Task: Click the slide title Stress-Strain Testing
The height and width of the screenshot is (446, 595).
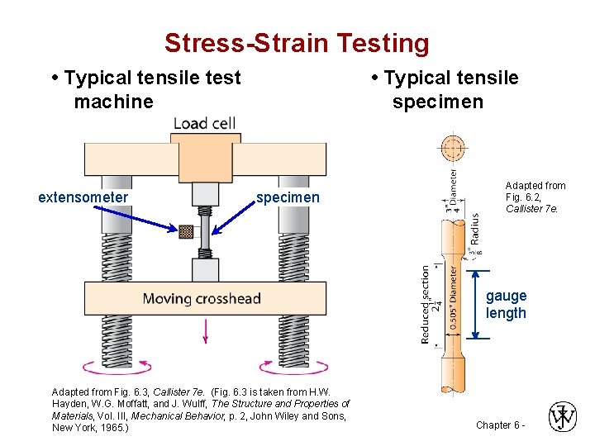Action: click(297, 43)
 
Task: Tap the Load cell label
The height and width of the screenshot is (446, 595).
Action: click(204, 124)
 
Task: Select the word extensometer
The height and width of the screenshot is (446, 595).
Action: click(83, 197)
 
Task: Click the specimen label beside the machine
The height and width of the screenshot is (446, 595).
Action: click(287, 197)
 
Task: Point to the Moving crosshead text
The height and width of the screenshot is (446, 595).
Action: click(202, 298)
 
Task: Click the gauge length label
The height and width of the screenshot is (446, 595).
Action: click(506, 304)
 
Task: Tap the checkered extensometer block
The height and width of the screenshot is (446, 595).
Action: click(186, 232)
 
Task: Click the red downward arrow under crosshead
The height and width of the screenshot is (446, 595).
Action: click(204, 330)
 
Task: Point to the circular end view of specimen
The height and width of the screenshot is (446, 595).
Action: click(452, 149)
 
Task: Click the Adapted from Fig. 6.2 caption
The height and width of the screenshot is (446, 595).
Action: click(535, 197)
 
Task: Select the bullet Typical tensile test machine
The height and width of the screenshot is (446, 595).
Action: click(145, 89)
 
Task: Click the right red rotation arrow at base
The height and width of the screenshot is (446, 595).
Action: click(286, 367)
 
